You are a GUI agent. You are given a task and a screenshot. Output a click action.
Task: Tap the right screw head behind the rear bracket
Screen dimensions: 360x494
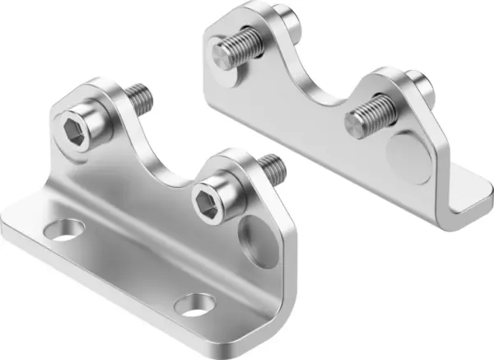click(418, 82)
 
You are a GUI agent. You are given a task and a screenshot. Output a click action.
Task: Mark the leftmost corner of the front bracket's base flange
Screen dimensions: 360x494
click(5, 222)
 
